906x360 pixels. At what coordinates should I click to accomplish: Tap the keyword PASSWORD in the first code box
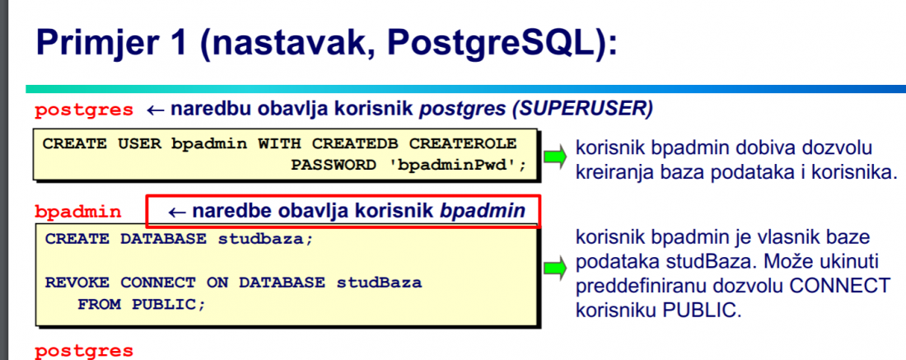pos(334,166)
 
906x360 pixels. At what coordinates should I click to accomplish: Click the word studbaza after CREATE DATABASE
pos(265,239)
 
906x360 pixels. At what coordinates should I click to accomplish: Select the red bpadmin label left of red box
pos(78,212)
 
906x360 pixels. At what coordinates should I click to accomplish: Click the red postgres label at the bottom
pos(84,351)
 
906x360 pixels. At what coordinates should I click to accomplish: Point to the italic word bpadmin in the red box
pos(483,212)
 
